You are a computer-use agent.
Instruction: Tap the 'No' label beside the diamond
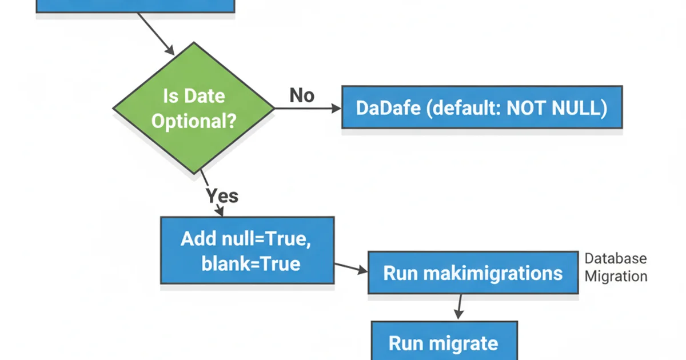301,95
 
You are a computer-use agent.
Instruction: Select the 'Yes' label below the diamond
222,196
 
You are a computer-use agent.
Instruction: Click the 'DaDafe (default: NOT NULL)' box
481,107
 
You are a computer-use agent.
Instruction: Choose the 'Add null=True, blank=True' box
247,250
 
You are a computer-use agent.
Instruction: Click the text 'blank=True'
250,263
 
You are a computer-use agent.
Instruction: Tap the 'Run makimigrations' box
472,273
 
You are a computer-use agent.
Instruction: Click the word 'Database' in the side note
615,258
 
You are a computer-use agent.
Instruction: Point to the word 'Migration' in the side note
615,277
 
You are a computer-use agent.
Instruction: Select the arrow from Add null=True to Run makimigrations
350,268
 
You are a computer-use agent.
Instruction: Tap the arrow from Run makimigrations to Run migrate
459,307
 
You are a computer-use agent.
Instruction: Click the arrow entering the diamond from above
155,33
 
